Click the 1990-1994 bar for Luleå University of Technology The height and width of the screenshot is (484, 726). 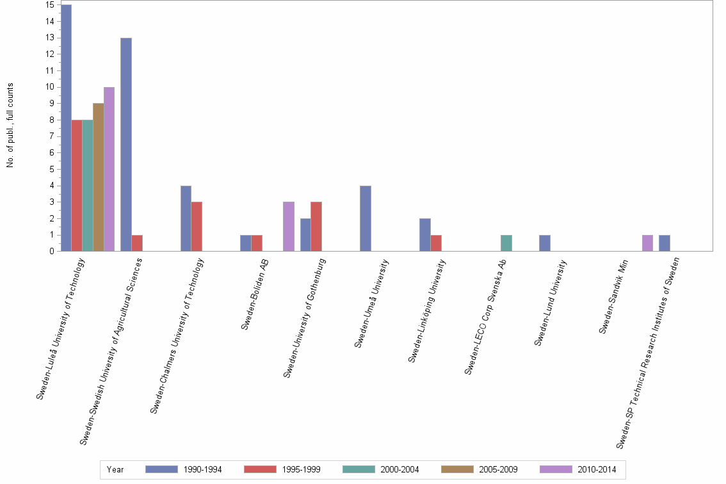point(66,128)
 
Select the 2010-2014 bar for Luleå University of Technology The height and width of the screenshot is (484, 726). point(109,169)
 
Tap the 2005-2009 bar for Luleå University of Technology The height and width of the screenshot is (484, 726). point(98,177)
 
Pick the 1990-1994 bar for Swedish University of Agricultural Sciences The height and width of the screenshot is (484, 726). point(126,145)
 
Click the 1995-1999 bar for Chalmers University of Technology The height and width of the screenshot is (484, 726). point(197,227)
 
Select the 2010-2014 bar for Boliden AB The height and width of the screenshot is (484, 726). point(289,227)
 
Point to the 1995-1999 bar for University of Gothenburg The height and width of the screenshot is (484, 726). point(316,227)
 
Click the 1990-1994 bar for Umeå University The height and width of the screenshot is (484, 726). point(366,218)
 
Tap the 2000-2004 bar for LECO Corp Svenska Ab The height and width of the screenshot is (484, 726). point(506,243)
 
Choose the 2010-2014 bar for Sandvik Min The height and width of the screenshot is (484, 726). point(647,243)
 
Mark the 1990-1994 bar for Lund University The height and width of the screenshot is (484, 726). point(545,243)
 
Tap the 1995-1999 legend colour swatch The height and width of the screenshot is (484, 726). point(261,469)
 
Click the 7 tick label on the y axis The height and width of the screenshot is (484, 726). point(50,136)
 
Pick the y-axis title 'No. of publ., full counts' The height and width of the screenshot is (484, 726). point(10,125)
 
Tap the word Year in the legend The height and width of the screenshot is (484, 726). point(116,469)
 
